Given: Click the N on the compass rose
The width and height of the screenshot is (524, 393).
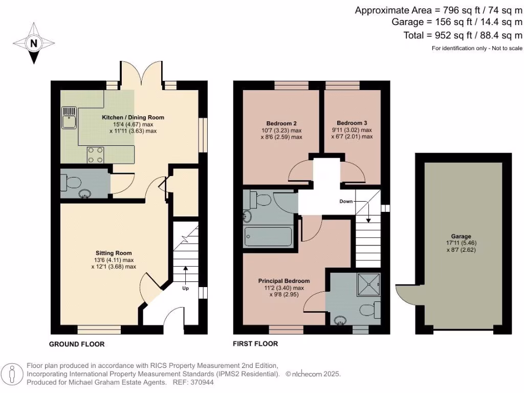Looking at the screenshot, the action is [33, 43].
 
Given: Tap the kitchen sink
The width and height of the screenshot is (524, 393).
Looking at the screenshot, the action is [69, 118].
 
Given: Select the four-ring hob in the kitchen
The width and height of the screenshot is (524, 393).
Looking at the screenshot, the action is [95, 155].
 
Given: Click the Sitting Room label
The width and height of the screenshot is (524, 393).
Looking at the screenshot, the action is [114, 253].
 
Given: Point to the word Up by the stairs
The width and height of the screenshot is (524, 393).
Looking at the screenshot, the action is [185, 288].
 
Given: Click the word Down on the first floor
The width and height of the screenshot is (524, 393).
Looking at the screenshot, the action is [346, 201].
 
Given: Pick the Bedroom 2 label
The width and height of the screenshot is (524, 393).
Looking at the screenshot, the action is [281, 123].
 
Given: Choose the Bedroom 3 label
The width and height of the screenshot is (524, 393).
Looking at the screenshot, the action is [352, 123].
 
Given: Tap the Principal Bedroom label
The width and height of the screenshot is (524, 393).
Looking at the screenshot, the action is [284, 281].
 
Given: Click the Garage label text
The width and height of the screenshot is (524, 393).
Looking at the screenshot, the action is [461, 236].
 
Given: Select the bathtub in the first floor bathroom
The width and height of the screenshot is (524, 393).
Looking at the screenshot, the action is [268, 236].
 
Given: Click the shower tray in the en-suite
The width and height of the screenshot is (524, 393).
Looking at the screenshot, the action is [369, 285].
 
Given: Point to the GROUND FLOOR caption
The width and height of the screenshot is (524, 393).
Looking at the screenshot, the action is [77, 344].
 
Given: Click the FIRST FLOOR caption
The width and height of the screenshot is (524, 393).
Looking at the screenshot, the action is [255, 344].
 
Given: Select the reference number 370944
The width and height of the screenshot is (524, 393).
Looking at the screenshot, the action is [202, 382].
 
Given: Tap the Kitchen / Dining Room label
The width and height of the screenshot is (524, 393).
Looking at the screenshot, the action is [133, 117].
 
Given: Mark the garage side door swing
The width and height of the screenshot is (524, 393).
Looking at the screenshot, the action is [406, 294].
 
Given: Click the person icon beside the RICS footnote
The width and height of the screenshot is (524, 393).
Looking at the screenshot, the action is [12, 375].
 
